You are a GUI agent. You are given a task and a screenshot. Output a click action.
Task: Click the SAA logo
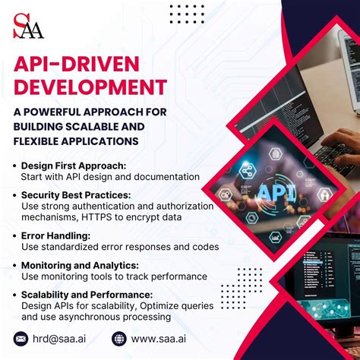(x=29, y=26)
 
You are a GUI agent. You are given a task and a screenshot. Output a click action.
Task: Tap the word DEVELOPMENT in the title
(x=90, y=87)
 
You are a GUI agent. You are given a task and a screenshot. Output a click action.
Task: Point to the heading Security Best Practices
(x=76, y=195)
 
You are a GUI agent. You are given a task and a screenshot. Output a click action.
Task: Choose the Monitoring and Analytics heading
(x=80, y=265)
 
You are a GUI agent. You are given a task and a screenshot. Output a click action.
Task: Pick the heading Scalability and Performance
(x=87, y=295)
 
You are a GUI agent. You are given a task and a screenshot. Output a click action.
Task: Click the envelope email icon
(x=21, y=339)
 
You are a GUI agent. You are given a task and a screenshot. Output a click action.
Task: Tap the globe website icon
(x=118, y=339)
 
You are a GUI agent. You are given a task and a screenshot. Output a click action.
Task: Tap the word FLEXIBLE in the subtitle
(x=40, y=141)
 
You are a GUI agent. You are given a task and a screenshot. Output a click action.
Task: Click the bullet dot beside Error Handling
(x=15, y=236)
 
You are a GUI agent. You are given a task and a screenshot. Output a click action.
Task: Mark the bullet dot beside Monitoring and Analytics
(x=15, y=266)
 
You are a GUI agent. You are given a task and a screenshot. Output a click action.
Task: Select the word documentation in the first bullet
(x=164, y=176)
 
